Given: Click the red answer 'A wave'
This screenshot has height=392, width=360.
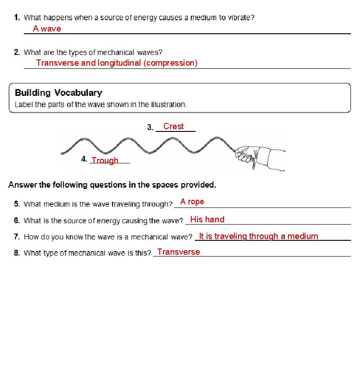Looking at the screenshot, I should [47, 29].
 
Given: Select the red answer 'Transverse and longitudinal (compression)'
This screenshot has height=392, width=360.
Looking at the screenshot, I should [117, 63].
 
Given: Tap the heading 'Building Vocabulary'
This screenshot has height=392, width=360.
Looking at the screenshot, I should [58, 93].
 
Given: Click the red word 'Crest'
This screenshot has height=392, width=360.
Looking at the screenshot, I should [173, 126].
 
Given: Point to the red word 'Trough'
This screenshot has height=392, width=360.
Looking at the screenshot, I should [105, 161].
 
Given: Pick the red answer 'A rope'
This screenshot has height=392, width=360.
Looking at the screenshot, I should [192, 202].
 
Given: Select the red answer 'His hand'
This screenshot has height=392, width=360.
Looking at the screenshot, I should [207, 220].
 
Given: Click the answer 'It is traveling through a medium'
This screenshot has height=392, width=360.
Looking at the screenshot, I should [258, 236].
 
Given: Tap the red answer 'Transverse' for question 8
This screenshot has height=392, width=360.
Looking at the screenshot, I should [179, 252].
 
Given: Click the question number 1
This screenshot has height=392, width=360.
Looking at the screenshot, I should [17, 18].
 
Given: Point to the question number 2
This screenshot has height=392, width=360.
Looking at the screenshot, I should [17, 53].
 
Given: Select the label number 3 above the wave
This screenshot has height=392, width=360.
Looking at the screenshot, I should [150, 128].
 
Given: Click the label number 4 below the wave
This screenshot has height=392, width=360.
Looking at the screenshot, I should [84, 159].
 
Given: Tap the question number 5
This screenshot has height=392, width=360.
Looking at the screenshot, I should [17, 204].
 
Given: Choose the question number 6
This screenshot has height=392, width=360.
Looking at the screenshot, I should [17, 221].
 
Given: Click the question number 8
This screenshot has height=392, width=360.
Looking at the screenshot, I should [17, 253].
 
